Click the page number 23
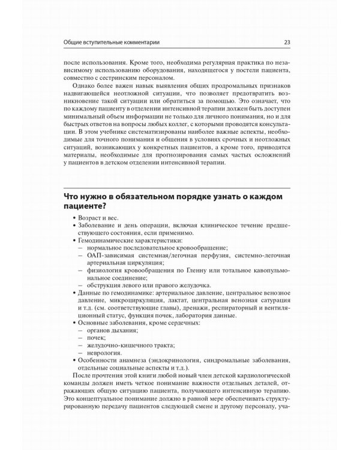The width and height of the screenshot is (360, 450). click(287, 42)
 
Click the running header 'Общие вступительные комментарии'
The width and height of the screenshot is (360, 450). click(115, 42)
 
